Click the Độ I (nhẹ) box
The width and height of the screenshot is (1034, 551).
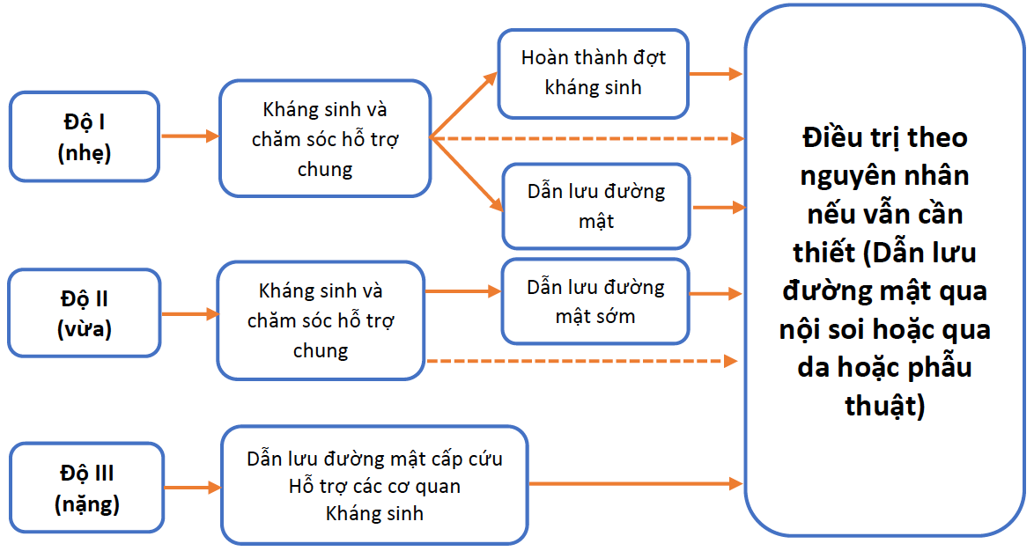point(85,136)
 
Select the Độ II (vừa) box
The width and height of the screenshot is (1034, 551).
point(85,312)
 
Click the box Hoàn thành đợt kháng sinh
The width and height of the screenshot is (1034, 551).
point(593,73)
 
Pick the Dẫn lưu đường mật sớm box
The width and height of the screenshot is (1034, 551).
point(595,301)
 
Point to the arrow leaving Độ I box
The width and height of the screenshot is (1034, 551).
point(189,136)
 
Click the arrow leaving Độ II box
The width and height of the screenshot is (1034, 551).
point(189,313)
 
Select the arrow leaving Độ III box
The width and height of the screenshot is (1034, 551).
point(192,487)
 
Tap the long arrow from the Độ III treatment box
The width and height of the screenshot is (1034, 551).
point(634,483)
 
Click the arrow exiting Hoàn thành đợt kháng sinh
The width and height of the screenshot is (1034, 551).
point(715,74)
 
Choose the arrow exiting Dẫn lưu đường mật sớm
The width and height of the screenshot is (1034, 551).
point(715,293)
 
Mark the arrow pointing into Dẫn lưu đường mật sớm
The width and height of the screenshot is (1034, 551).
point(462,291)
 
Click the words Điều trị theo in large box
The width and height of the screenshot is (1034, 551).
point(884,137)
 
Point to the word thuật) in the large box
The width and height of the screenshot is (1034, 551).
point(884,405)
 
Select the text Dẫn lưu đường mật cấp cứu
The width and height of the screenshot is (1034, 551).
point(374,459)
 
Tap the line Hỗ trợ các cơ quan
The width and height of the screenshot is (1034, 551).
point(374,486)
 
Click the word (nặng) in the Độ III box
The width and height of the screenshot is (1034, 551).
point(87,504)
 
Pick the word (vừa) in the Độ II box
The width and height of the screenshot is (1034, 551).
point(85,329)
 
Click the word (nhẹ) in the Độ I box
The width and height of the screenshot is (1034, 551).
point(85,152)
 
